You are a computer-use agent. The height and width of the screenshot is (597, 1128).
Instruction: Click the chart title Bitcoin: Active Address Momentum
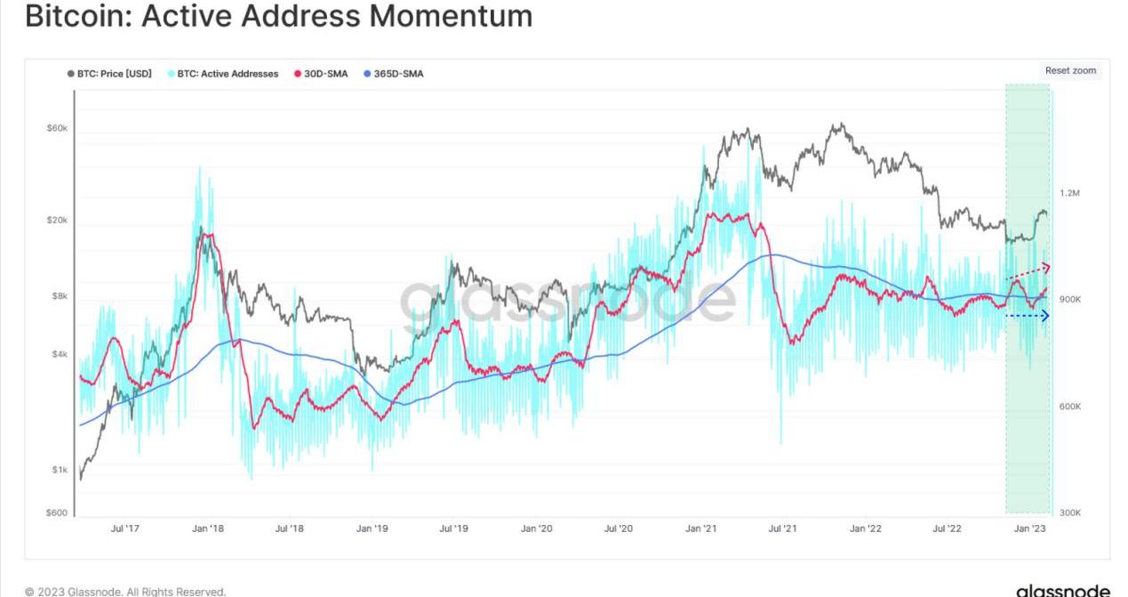[x=278, y=15]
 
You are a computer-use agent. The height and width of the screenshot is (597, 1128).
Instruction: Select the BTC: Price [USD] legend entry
[x=109, y=74]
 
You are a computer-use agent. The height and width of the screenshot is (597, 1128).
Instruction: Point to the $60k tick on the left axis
[x=57, y=128]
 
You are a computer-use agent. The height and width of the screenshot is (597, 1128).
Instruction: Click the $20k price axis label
[x=57, y=220]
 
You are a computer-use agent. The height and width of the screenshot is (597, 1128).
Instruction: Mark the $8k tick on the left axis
[x=59, y=296]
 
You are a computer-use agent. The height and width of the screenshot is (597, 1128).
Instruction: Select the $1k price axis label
[x=59, y=470]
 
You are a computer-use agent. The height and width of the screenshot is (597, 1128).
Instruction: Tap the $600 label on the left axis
[x=58, y=512]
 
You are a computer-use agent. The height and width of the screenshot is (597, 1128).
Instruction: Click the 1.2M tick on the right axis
[x=1069, y=193]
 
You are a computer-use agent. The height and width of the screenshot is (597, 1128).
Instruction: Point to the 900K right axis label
[x=1069, y=300]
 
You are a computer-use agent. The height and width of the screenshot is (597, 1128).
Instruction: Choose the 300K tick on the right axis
[x=1069, y=513]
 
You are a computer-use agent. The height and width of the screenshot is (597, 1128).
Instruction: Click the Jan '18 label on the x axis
[x=207, y=528]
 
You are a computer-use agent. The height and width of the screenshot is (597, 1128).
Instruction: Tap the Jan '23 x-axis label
[x=1030, y=528]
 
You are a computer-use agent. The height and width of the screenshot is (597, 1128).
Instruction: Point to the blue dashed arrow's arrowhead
[x=1045, y=316]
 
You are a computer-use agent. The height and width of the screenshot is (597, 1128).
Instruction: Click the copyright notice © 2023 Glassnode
[x=125, y=591]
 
